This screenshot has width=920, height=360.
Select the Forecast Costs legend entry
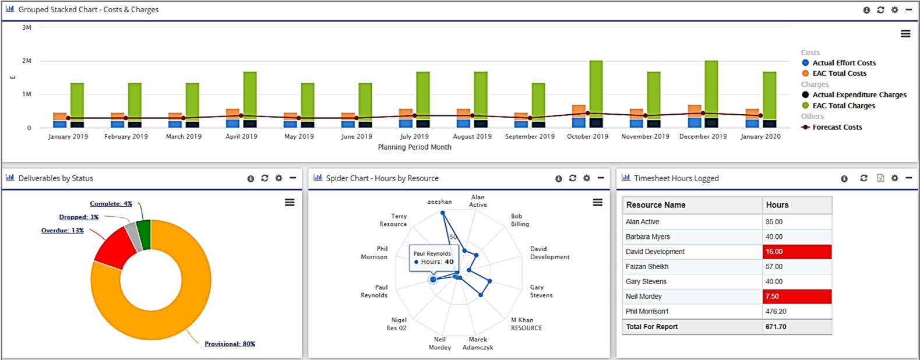click(x=837, y=127)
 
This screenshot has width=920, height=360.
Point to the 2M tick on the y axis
click(x=27, y=61)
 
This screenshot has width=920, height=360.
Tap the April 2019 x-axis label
click(x=241, y=136)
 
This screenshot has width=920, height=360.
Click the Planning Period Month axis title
click(x=414, y=147)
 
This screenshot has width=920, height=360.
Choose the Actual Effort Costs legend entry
click(x=844, y=63)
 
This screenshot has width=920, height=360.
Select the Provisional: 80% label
click(x=230, y=344)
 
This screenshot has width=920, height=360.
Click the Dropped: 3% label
click(x=79, y=217)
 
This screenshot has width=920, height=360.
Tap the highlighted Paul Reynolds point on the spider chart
click(x=433, y=280)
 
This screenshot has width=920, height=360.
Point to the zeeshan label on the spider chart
click(x=439, y=202)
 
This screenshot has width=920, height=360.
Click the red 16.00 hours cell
click(x=796, y=252)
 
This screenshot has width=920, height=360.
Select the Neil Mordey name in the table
click(x=643, y=297)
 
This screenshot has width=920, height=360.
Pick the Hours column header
click(x=777, y=205)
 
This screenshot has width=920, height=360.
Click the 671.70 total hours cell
click(x=776, y=327)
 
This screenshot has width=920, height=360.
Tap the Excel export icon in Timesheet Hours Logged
click(x=880, y=178)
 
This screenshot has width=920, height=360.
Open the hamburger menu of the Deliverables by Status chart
click(x=290, y=203)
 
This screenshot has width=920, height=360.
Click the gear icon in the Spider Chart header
click(x=587, y=178)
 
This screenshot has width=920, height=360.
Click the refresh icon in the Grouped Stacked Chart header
click(x=880, y=10)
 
